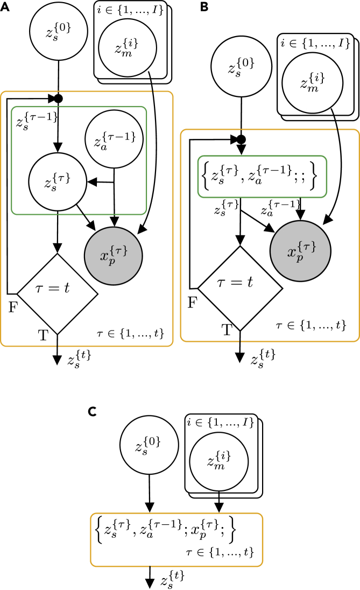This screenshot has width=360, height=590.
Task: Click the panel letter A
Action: click(6, 9)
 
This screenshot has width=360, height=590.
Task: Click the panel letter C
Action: click(93, 411)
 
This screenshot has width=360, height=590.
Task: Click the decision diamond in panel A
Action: click(58, 294)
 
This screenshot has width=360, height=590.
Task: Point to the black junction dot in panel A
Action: click(58, 99)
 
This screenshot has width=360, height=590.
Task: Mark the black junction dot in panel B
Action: click(241, 140)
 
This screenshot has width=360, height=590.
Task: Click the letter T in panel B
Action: click(227, 331)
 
